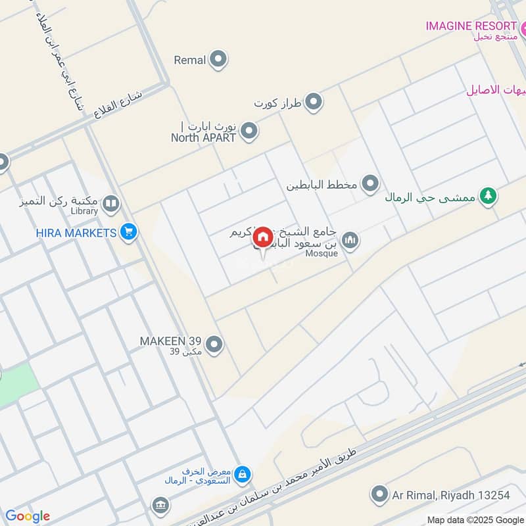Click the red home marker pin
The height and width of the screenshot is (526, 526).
tap(262, 237)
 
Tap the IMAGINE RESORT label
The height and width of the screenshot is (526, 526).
tap(471, 26)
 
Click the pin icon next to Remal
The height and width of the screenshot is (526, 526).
tap(219, 60)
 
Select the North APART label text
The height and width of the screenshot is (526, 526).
tap(203, 137)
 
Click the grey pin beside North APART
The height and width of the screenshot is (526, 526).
tap(249, 131)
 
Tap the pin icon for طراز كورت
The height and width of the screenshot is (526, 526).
tap(314, 102)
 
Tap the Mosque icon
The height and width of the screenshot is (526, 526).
tap(350, 241)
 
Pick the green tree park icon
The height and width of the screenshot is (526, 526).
tap(487, 196)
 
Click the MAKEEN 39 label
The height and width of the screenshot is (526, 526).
tap(170, 341)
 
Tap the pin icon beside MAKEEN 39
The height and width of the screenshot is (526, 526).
tap(214, 344)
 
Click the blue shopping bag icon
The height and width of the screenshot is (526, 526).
tap(243, 473)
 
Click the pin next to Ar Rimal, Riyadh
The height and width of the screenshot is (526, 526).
tap(379, 494)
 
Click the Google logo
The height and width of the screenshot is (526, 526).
tap(28, 516)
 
